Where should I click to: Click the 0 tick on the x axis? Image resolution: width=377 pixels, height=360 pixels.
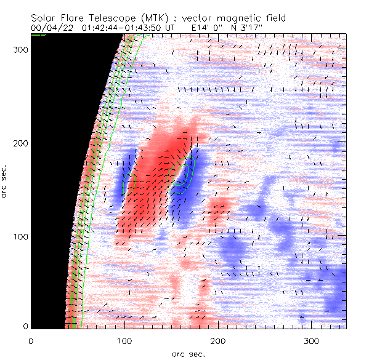pyautogui.click(x=30, y=340)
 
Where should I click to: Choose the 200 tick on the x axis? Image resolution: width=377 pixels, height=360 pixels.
pyautogui.click(x=217, y=340)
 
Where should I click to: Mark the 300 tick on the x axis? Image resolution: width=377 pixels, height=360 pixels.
pyautogui.click(x=311, y=340)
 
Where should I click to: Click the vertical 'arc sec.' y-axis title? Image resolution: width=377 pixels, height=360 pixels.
pyautogui.click(x=6, y=180)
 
